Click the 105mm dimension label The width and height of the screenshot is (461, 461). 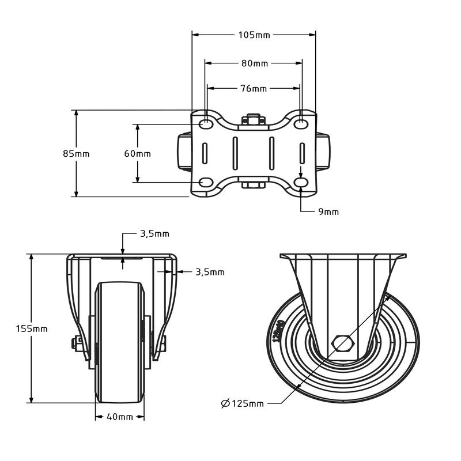click(x=254, y=35)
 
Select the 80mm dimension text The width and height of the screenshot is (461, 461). click(x=254, y=63)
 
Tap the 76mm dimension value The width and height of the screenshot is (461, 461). click(x=254, y=89)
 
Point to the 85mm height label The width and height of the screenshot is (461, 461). click(x=76, y=154)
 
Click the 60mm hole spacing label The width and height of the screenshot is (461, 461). click(x=138, y=154)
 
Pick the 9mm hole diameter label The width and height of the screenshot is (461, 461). click(x=328, y=212)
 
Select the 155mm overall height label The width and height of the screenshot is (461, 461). click(x=32, y=329)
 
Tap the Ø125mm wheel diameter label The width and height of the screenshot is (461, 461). click(x=242, y=403)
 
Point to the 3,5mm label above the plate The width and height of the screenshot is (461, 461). click(x=154, y=234)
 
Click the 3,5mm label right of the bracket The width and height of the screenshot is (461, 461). click(x=210, y=272)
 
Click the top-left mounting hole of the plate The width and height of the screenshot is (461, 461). click(x=205, y=124)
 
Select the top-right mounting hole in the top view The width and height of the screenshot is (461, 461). click(x=301, y=124)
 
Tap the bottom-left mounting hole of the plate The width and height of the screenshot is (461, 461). click(x=205, y=183)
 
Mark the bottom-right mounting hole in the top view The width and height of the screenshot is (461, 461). click(x=301, y=183)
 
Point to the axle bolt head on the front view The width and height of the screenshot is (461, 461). click(x=75, y=343)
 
